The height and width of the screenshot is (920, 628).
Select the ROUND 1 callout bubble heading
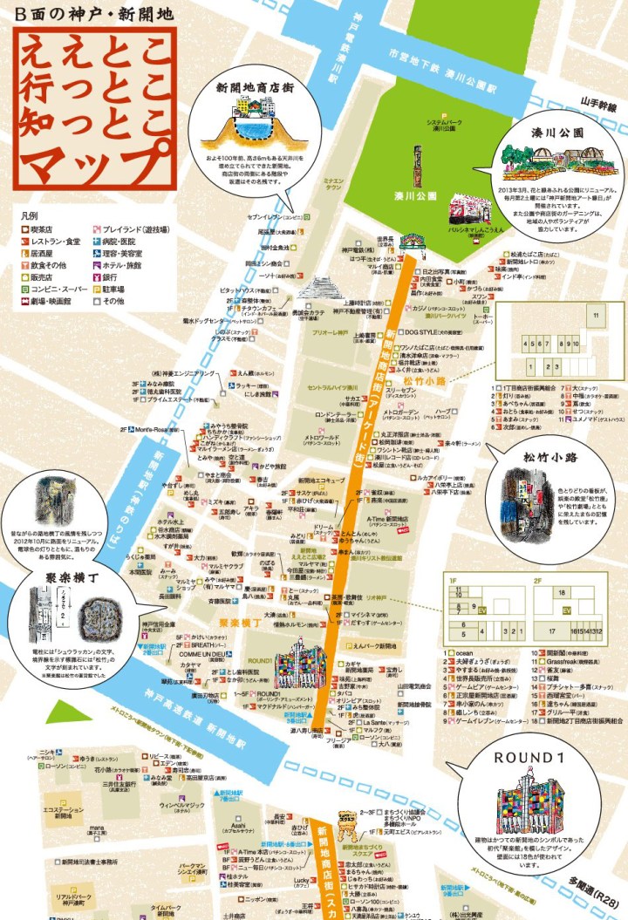coord(525,758)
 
